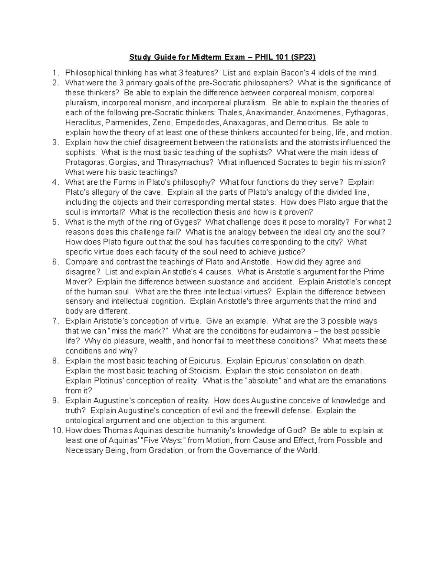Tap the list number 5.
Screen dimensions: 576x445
coord(55,222)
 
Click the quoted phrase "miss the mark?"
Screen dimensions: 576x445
coord(138,331)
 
